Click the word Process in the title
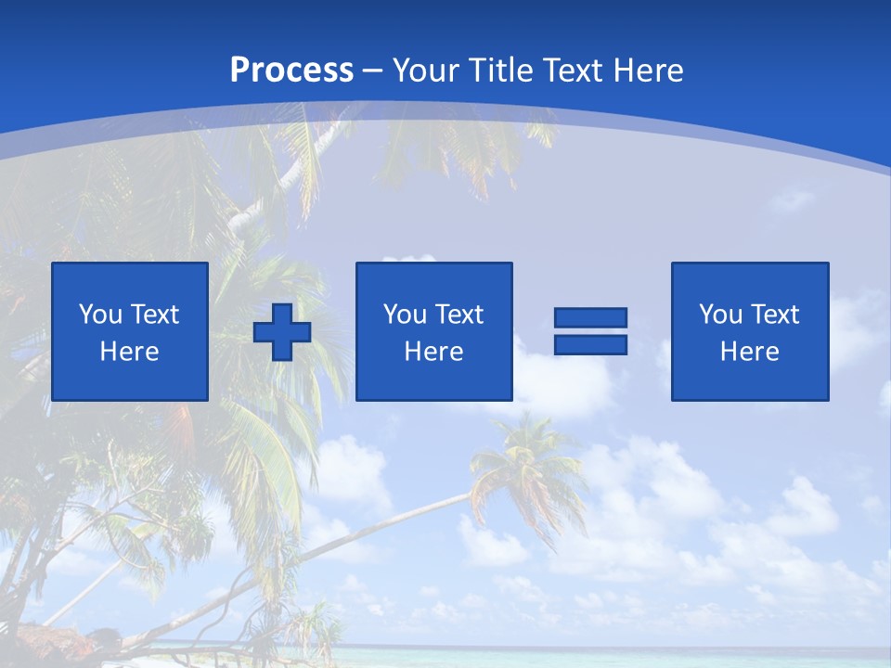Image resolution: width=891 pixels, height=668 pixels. [x=291, y=70]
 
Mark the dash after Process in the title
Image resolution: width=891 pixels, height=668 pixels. [x=372, y=71]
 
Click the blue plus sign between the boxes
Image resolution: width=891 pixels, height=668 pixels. [x=282, y=332]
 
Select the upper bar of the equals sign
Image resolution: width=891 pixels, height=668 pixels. [x=590, y=318]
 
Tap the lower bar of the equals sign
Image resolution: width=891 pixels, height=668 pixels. [x=590, y=344]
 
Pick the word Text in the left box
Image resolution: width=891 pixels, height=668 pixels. [x=154, y=315]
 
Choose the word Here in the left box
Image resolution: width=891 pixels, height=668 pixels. [x=129, y=352]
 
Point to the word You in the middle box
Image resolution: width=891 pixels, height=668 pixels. [x=405, y=315]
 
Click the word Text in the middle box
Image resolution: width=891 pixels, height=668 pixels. [x=458, y=315]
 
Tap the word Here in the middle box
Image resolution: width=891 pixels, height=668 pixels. [x=433, y=352]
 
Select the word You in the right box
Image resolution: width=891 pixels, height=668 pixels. [x=720, y=315]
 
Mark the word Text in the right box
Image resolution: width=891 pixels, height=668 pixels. [x=774, y=315]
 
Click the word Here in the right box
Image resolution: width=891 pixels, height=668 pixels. [x=749, y=352]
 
